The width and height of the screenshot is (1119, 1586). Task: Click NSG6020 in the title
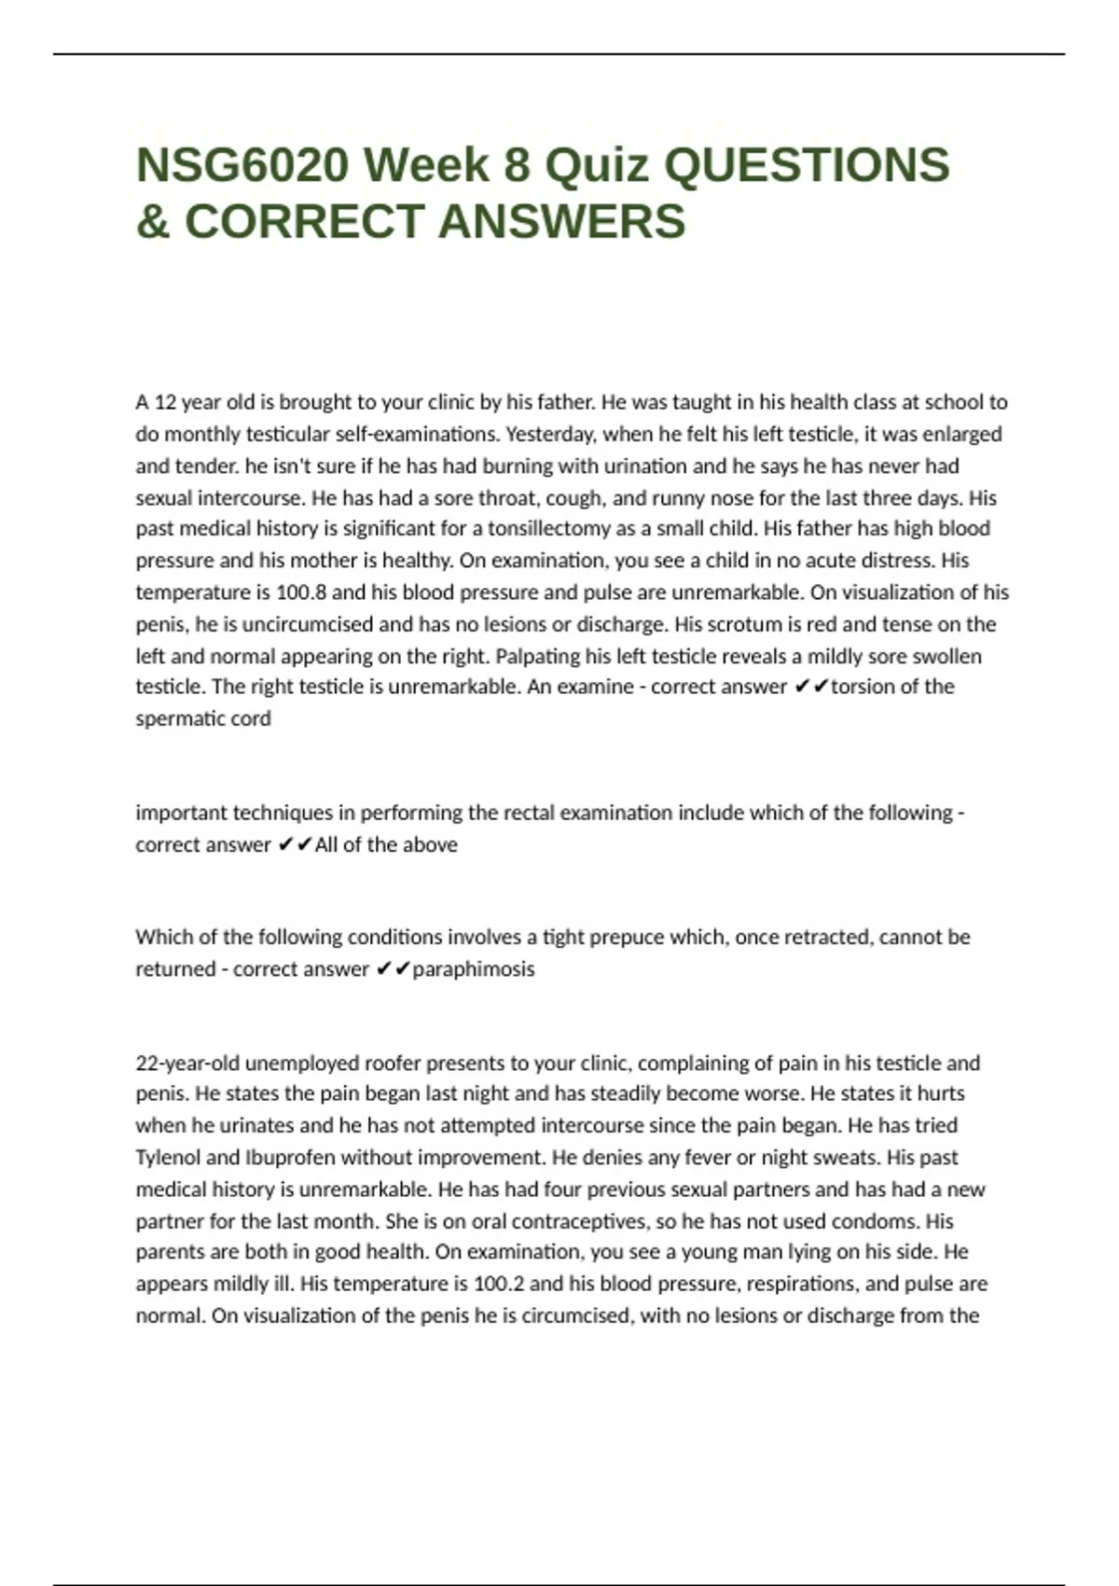tap(242, 165)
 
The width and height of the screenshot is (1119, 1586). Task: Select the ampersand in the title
tap(153, 222)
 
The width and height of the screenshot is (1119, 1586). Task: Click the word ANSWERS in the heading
tap(561, 222)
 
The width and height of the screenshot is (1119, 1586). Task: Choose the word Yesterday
tap(549, 434)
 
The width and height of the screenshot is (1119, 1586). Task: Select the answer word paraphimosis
tap(474, 969)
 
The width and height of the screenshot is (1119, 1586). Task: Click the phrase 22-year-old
tap(186, 1064)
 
